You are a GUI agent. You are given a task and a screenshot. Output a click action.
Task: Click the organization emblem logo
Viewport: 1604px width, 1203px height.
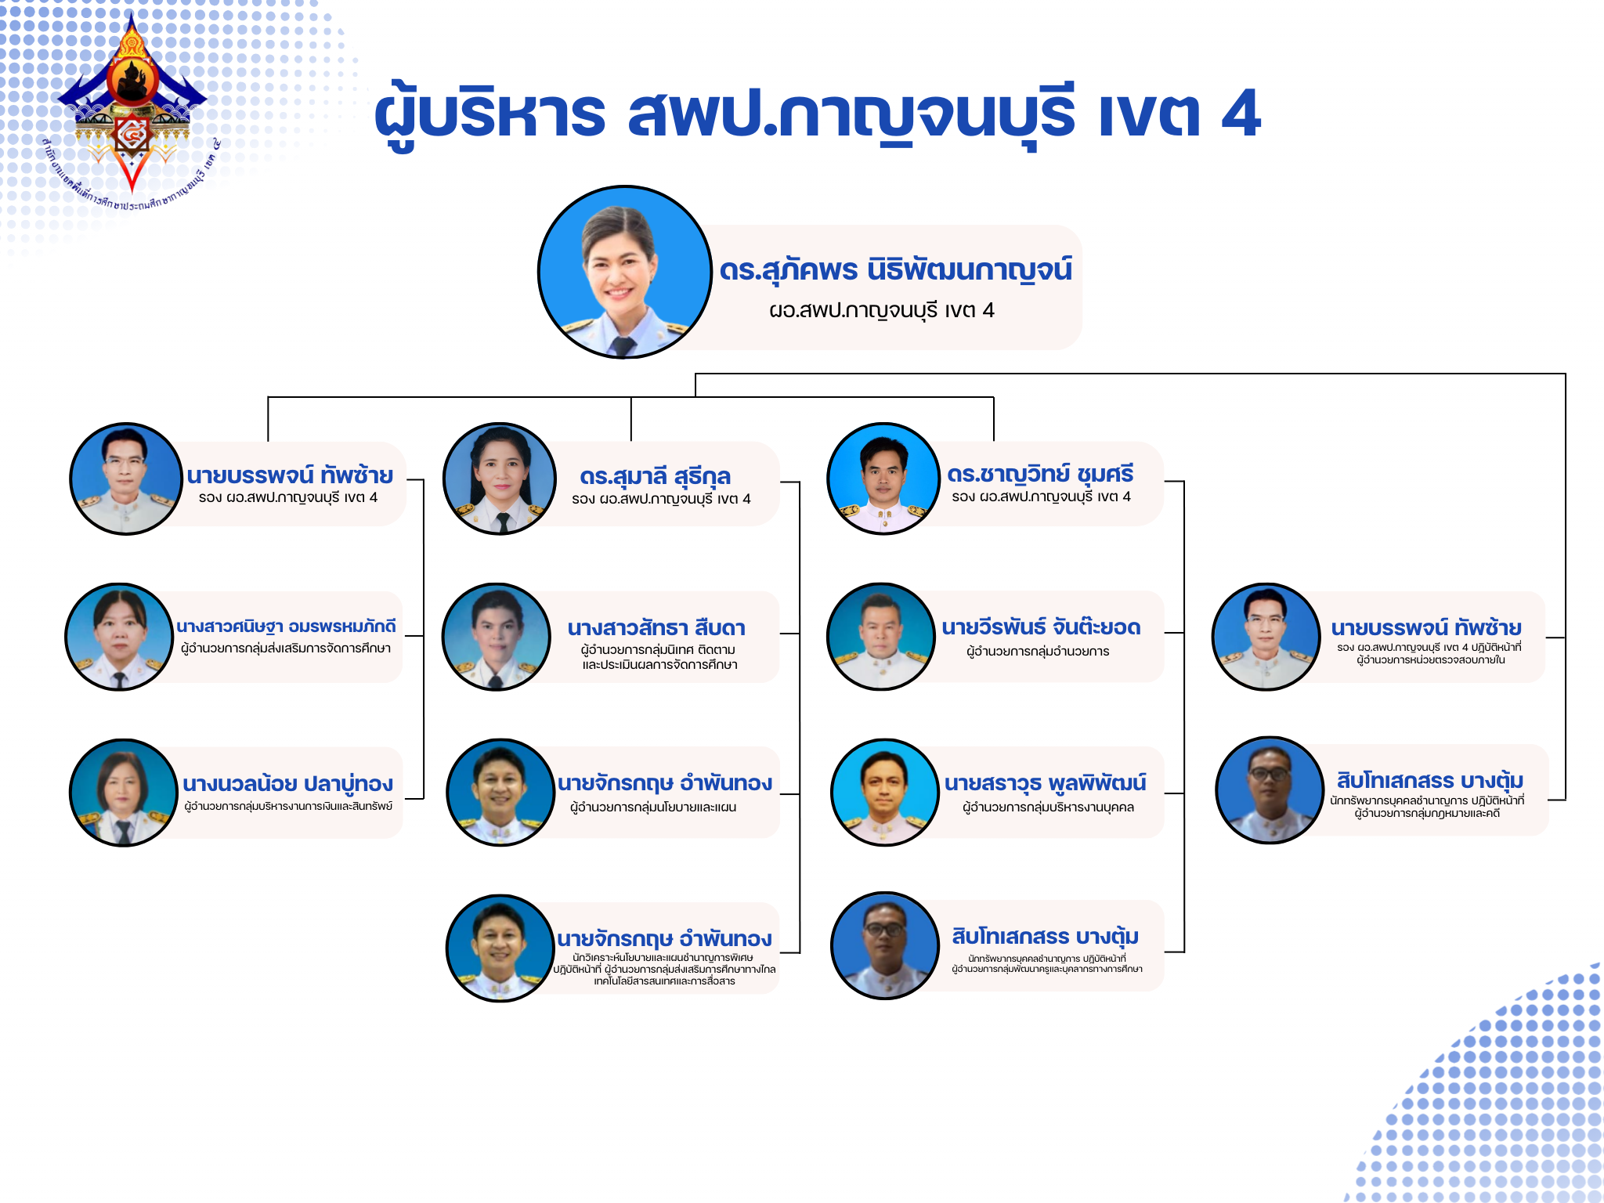click(x=132, y=110)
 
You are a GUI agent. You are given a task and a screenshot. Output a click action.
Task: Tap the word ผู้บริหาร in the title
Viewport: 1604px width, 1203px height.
click(x=490, y=114)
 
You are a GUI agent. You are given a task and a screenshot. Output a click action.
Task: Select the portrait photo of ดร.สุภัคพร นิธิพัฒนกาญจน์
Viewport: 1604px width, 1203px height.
click(x=624, y=272)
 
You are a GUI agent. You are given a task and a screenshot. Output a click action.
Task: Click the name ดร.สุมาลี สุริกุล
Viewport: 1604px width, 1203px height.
click(x=655, y=475)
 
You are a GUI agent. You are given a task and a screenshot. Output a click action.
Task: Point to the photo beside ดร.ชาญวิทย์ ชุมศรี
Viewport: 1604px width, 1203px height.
click(x=883, y=479)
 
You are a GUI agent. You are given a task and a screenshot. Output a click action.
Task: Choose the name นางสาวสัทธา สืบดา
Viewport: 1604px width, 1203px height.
click(x=656, y=627)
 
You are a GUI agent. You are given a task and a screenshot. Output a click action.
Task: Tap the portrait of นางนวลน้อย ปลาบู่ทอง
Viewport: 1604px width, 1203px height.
click(x=124, y=793)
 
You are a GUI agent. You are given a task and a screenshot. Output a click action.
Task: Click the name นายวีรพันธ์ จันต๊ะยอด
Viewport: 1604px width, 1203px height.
click(x=1041, y=627)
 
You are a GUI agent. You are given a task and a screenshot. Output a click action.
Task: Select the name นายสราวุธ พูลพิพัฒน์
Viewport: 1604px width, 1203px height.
click(x=1045, y=782)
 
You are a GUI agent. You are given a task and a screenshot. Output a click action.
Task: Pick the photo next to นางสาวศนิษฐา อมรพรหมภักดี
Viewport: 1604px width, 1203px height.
click(x=120, y=637)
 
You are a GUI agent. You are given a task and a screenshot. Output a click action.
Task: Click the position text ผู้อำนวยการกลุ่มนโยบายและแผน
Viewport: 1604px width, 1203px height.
click(x=653, y=807)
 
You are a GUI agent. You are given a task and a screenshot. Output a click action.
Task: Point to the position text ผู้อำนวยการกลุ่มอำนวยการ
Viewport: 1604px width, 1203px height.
click(x=1038, y=651)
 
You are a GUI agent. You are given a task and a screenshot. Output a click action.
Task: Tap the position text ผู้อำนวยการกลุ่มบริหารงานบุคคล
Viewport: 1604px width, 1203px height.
click(x=1048, y=807)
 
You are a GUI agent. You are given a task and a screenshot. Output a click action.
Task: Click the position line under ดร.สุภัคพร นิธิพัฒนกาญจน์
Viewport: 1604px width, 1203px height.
click(x=881, y=310)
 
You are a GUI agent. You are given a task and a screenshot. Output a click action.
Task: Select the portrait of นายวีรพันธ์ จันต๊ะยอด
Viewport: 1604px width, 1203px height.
click(x=881, y=637)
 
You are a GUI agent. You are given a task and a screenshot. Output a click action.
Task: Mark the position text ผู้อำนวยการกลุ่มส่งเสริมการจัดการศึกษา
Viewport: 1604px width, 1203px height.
click(x=286, y=648)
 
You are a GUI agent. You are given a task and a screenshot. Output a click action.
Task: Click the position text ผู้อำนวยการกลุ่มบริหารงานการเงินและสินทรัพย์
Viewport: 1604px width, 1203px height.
click(x=288, y=806)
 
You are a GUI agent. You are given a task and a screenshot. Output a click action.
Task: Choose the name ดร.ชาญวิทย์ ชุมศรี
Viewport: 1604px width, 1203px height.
click(x=1040, y=474)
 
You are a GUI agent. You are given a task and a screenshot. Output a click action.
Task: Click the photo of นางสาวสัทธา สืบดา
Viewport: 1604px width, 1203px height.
click(x=497, y=637)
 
